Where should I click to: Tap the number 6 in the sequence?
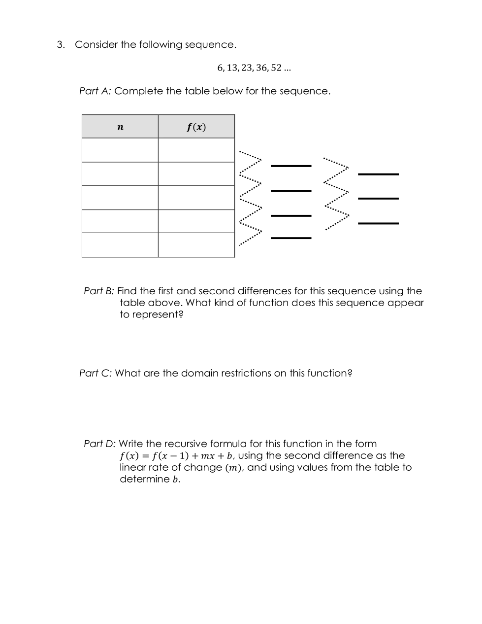click(220, 68)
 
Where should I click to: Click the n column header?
click(120, 127)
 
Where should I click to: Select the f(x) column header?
click(196, 127)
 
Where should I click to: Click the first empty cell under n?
click(120, 150)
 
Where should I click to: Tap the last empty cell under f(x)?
click(196, 245)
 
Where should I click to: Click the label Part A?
click(95, 91)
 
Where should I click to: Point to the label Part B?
click(99, 291)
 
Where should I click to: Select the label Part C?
click(96, 373)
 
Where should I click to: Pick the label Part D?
click(99, 444)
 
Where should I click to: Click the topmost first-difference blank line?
click(291, 166)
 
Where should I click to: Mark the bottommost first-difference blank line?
click(291, 238)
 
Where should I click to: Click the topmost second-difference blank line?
click(378, 174)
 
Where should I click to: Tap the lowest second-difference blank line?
click(378, 223)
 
